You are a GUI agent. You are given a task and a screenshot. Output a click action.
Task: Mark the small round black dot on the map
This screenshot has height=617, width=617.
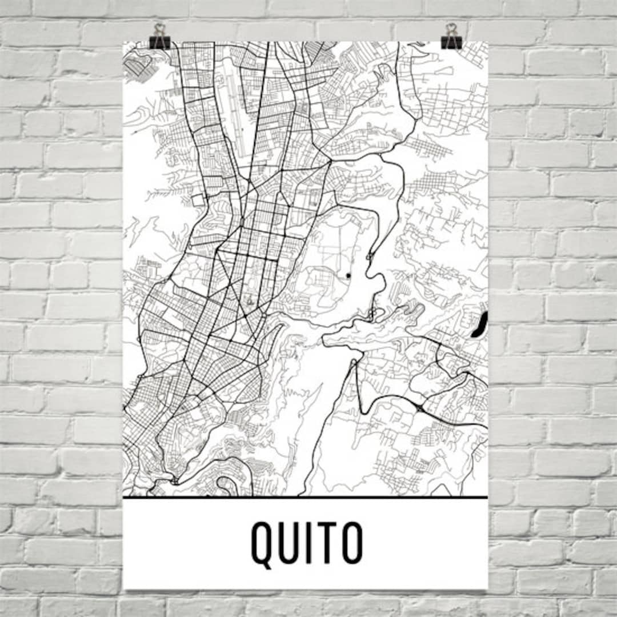(348, 277)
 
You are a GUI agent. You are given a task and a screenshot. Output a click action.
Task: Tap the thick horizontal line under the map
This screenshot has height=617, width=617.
(305, 498)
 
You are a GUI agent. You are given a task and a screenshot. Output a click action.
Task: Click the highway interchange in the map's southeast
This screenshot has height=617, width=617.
(421, 408)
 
